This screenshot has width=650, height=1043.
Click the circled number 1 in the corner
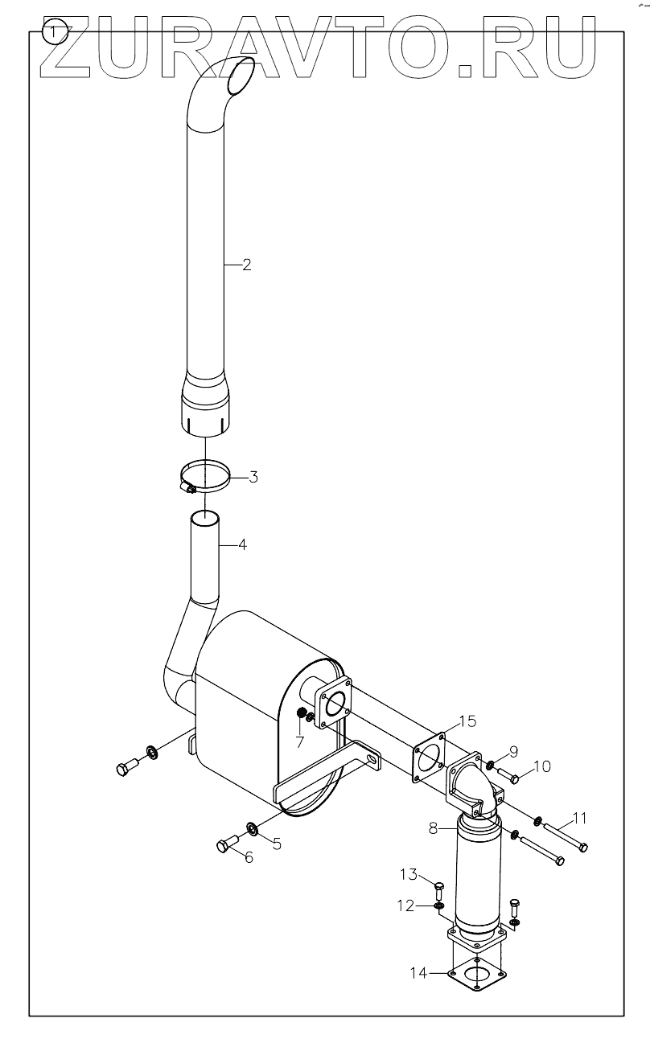pyautogui.click(x=54, y=32)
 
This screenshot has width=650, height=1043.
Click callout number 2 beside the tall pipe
pyautogui.click(x=247, y=265)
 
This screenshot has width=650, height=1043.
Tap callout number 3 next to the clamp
pyautogui.click(x=253, y=478)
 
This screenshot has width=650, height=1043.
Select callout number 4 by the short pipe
pyautogui.click(x=242, y=544)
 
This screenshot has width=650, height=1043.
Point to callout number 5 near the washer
pyautogui.click(x=277, y=844)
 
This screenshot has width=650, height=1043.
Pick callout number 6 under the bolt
pyautogui.click(x=249, y=858)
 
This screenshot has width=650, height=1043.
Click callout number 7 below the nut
pyautogui.click(x=299, y=741)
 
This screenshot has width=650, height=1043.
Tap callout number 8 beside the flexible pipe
pyautogui.click(x=433, y=827)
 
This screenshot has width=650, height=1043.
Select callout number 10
pyautogui.click(x=541, y=766)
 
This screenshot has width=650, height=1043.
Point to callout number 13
pyautogui.click(x=410, y=874)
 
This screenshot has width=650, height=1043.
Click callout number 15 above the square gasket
pyautogui.click(x=467, y=720)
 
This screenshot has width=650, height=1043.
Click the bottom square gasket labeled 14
pyautogui.click(x=476, y=975)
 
